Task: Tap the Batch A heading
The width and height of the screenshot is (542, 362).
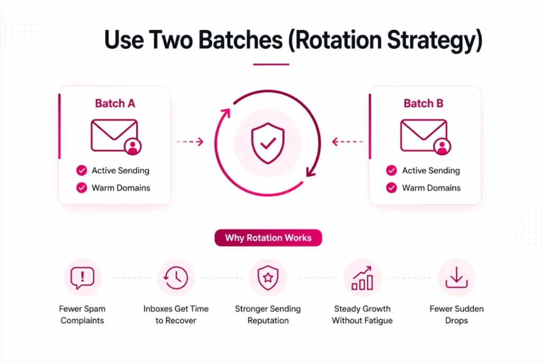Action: [x=115, y=103]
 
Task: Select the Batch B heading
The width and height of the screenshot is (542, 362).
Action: [x=423, y=103]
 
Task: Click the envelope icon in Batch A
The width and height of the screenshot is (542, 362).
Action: [x=114, y=135]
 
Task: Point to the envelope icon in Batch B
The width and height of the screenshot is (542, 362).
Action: [x=423, y=135]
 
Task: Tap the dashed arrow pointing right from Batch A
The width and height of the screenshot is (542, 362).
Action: [x=189, y=142]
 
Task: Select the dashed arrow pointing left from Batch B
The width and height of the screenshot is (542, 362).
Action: [x=347, y=142]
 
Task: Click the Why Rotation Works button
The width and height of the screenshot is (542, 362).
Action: [x=268, y=238]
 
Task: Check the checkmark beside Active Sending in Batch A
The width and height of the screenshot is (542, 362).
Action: [x=82, y=171]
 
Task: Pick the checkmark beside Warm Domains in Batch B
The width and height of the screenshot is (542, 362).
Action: [x=392, y=188]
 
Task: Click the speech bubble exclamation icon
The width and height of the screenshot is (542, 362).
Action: [x=82, y=277]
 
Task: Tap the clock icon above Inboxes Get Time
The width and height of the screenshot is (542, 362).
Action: [x=176, y=277]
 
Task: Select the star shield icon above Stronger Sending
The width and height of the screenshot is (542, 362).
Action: [x=268, y=277]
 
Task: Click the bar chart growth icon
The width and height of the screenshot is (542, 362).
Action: [x=362, y=277]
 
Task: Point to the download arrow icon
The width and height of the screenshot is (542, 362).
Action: [x=456, y=277]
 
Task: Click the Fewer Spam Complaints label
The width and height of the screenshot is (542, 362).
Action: [x=83, y=314]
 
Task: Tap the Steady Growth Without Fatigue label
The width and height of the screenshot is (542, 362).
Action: [x=362, y=314]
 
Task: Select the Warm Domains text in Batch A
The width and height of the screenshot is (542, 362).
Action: [x=121, y=188]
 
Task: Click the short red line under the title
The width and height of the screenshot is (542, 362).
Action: [x=271, y=64]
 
